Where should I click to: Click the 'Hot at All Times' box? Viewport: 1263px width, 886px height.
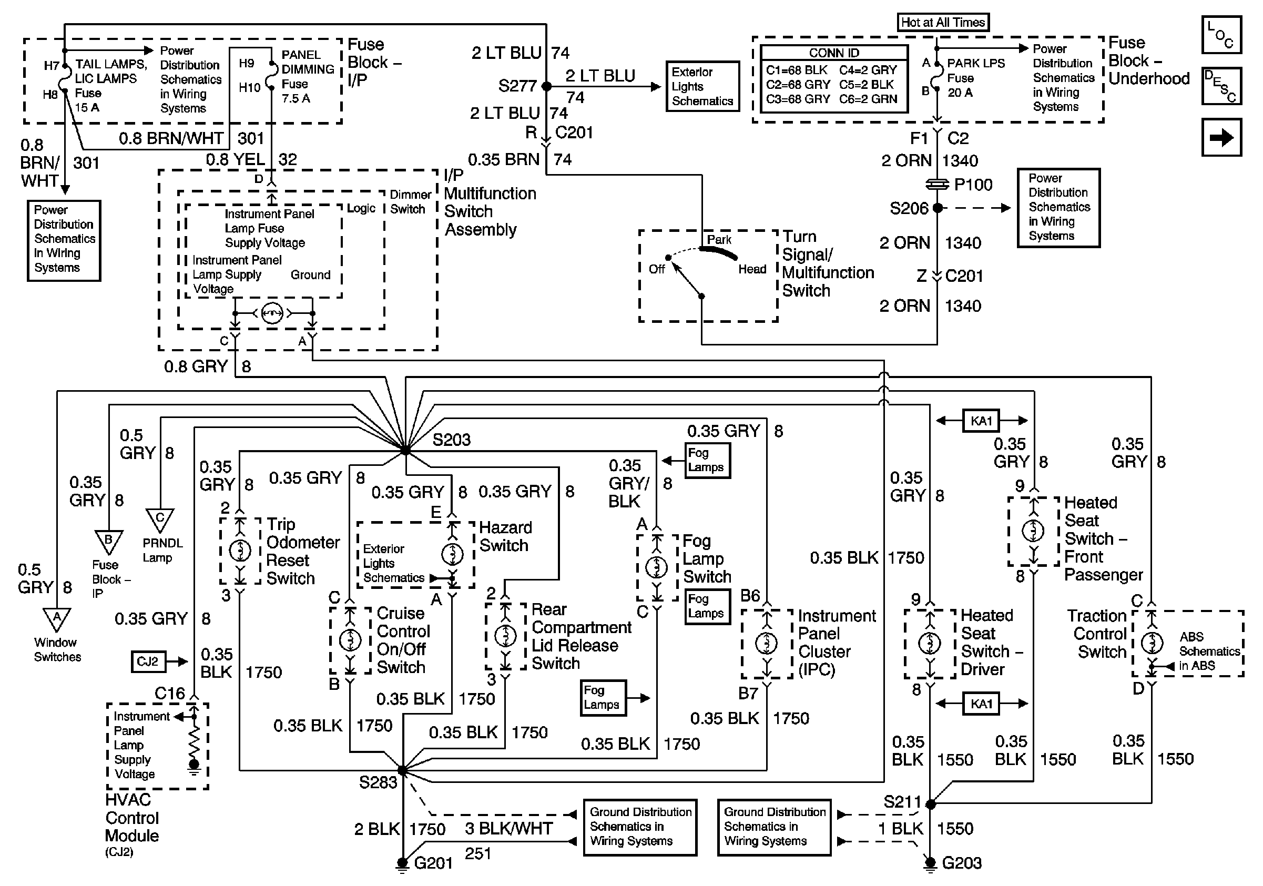point(942,23)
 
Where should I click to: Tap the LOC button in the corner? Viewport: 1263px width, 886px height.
point(1221,35)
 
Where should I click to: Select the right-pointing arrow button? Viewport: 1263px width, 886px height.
point(1221,137)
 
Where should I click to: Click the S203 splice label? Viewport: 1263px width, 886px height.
point(451,440)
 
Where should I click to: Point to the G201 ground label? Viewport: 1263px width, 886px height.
point(433,863)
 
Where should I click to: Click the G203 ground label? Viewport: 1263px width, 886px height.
point(961,863)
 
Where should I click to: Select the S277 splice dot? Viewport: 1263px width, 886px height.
point(546,86)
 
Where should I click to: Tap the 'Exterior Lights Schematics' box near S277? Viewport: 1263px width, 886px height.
point(702,86)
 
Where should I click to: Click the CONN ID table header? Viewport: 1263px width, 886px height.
point(833,53)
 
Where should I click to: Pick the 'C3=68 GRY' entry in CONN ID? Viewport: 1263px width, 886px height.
point(798,99)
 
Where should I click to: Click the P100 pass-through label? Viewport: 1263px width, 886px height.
point(973,184)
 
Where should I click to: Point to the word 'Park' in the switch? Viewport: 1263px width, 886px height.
point(719,240)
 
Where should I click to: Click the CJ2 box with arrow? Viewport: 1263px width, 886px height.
point(148,661)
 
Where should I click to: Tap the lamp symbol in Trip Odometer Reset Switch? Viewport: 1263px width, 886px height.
point(240,550)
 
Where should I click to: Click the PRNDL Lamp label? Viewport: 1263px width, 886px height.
point(162,550)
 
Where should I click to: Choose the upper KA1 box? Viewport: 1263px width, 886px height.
point(981,421)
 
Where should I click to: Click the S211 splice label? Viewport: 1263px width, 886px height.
point(902,802)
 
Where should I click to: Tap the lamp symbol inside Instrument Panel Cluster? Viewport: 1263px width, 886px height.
point(766,643)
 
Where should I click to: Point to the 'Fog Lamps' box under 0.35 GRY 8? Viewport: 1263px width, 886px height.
point(707,460)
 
